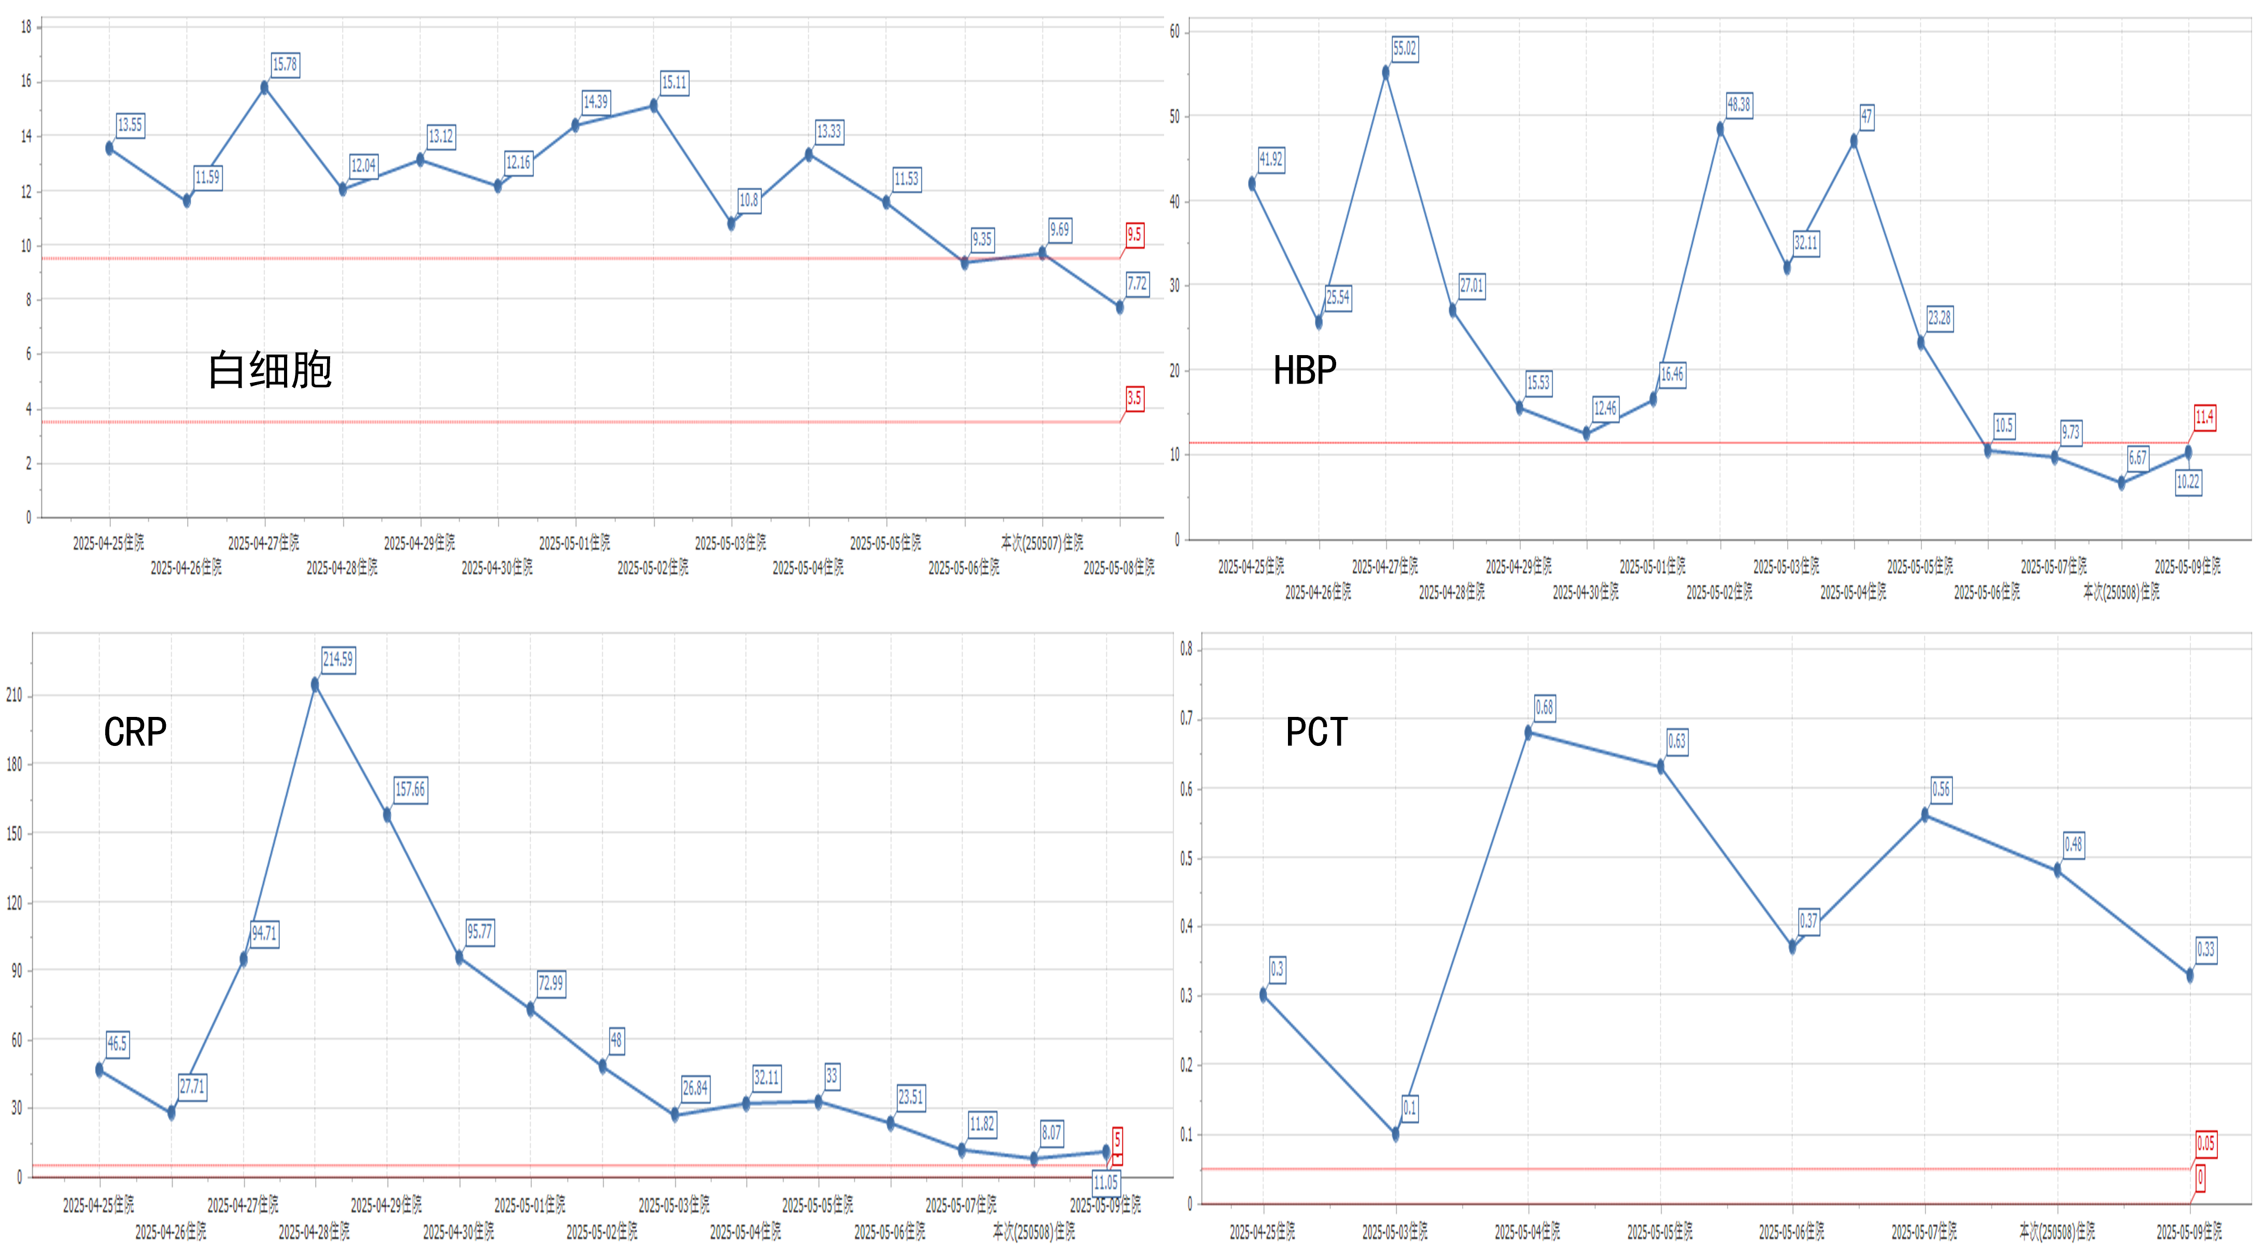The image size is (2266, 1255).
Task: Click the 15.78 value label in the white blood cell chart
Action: (284, 64)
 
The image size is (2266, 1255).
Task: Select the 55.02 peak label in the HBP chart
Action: (1404, 48)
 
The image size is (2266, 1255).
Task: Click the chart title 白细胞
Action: (269, 370)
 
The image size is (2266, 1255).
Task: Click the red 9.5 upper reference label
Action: (1134, 235)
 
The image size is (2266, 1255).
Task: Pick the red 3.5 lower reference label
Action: (1134, 398)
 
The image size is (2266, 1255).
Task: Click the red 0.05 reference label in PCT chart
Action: (2205, 1143)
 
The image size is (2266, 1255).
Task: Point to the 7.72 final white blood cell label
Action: (1137, 284)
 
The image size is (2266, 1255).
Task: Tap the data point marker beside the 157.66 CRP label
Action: (387, 815)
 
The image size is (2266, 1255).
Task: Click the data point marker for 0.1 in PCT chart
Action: (1396, 1134)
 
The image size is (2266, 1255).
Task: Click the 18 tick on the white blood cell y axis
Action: (26, 27)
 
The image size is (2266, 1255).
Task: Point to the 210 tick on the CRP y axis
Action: (14, 695)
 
